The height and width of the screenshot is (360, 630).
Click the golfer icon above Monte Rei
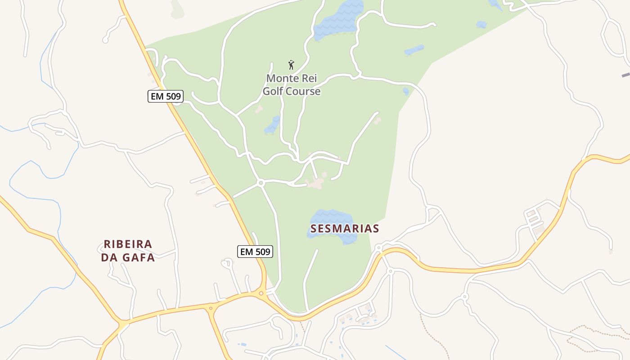[291, 65]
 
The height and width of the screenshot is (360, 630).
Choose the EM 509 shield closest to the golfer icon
[165, 96]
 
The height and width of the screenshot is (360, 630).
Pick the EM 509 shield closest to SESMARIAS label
[255, 252]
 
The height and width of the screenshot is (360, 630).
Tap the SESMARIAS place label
[345, 229]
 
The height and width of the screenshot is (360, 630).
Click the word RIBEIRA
[128, 244]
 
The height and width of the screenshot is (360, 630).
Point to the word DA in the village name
[109, 258]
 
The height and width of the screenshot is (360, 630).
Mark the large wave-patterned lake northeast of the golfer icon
[337, 20]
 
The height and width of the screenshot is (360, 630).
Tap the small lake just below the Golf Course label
[272, 125]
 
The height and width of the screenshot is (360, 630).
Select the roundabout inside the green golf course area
[261, 183]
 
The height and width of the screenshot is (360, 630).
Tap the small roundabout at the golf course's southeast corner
[379, 248]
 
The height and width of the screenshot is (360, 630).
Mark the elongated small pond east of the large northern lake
[414, 50]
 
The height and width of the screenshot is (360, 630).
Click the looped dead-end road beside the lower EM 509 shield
[227, 262]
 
